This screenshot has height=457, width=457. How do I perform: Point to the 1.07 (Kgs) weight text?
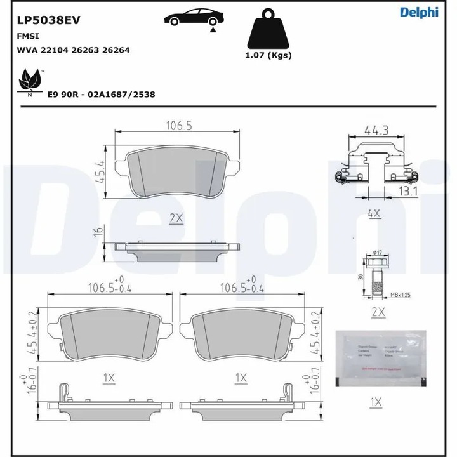coord(268,55)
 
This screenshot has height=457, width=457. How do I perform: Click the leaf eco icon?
coord(29,81)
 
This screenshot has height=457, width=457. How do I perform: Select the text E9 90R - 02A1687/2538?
coord(102,94)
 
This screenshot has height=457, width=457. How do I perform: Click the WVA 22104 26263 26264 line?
coord(73,50)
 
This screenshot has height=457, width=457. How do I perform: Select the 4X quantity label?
coord(374,213)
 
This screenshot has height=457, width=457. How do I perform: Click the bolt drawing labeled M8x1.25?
coord(373,276)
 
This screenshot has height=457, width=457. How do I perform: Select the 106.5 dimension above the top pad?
coord(178,125)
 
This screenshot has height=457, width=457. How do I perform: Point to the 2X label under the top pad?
coord(176,218)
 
